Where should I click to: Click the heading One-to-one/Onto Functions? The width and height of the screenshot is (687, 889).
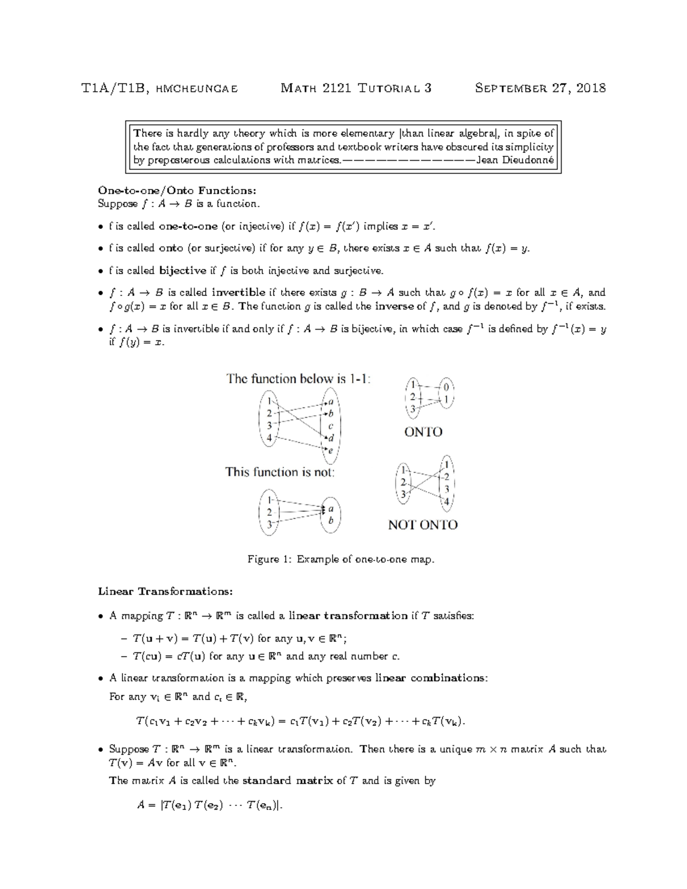pyautogui.click(x=177, y=190)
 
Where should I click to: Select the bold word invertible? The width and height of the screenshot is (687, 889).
pyautogui.click(x=238, y=292)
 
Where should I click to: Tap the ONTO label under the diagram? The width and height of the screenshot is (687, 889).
pyautogui.click(x=423, y=432)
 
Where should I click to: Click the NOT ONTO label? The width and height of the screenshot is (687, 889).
pyautogui.click(x=423, y=525)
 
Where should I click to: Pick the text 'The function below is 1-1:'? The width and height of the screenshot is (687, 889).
pyautogui.click(x=299, y=378)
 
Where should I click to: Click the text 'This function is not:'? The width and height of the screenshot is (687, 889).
pyautogui.click(x=280, y=472)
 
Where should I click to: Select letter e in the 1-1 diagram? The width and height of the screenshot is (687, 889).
pyautogui.click(x=330, y=451)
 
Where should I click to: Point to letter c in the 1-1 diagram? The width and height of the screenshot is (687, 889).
pyautogui.click(x=330, y=426)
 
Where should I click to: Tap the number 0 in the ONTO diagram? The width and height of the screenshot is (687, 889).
pyautogui.click(x=447, y=388)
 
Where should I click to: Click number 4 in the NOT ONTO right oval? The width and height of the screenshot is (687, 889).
pyautogui.click(x=447, y=502)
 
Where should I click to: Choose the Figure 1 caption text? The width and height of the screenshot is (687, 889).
pyautogui.click(x=341, y=559)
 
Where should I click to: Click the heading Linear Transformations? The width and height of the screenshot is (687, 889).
pyautogui.click(x=165, y=591)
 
